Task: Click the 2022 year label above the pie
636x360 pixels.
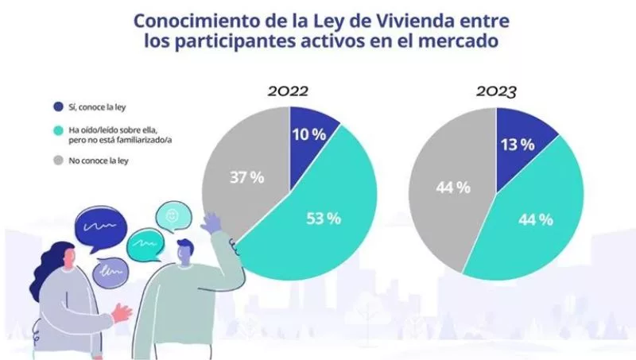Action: tap(287, 91)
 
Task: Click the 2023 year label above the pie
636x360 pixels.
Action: tap(497, 91)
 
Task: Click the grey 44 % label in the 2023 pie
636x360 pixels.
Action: tap(452, 188)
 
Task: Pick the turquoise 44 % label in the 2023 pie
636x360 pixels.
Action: tap(535, 219)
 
